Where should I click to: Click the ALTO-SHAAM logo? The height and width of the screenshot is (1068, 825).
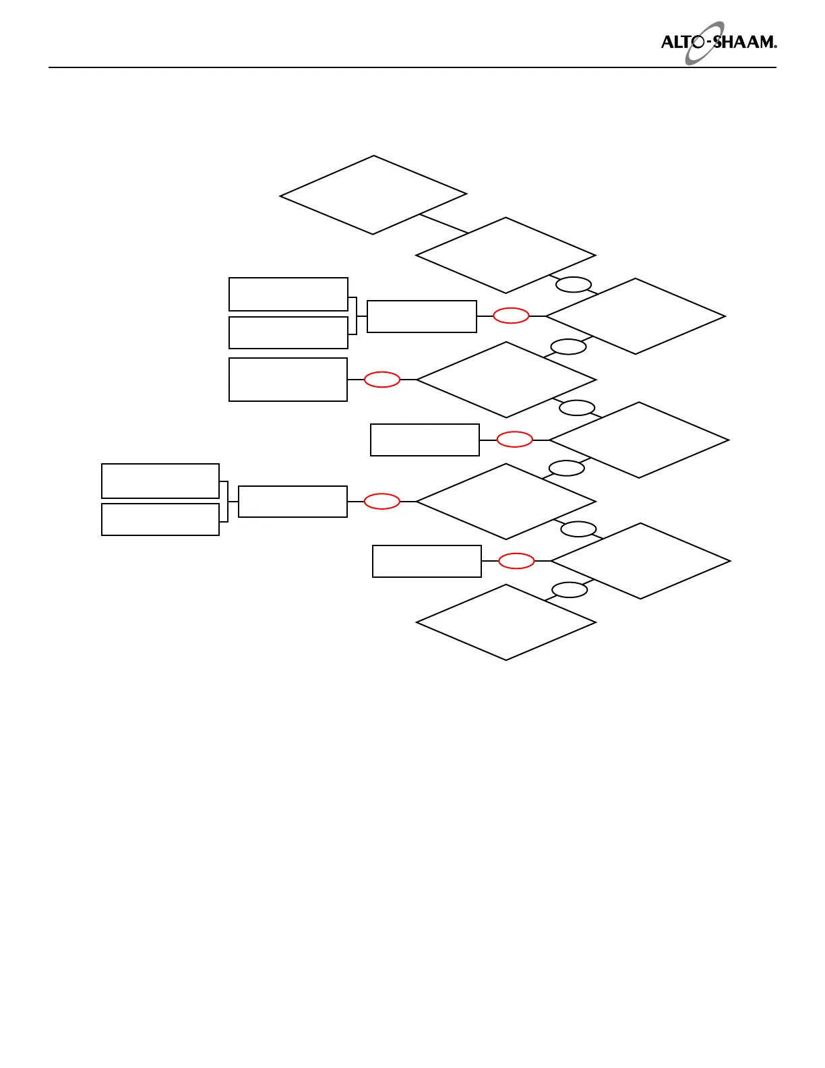pos(718,42)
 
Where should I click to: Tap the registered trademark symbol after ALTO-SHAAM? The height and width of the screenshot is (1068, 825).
pos(775,47)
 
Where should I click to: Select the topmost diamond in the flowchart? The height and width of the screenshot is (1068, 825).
pos(373,196)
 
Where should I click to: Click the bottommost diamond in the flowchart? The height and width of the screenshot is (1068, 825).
pos(506,622)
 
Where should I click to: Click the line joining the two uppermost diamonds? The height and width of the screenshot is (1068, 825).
pos(444,224)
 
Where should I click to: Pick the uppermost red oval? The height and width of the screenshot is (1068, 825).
pos(511,316)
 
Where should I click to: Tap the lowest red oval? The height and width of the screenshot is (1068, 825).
pos(516,561)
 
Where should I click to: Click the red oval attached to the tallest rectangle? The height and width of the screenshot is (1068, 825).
pos(382,380)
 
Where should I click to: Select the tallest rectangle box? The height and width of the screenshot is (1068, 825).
pos(288,380)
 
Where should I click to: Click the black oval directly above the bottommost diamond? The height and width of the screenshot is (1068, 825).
pos(570,590)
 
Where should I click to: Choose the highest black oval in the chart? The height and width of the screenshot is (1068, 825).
pos(574,285)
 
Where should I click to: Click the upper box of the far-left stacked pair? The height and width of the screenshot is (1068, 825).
pos(160,481)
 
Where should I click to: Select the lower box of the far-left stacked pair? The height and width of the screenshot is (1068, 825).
pos(160,519)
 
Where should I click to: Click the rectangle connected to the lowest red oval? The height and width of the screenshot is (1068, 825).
pos(427,561)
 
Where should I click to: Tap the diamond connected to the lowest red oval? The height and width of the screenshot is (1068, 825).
pos(640,561)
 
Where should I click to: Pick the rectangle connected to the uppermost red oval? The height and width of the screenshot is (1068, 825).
pos(422,316)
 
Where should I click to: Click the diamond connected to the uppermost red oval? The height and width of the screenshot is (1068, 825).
pos(636,316)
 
